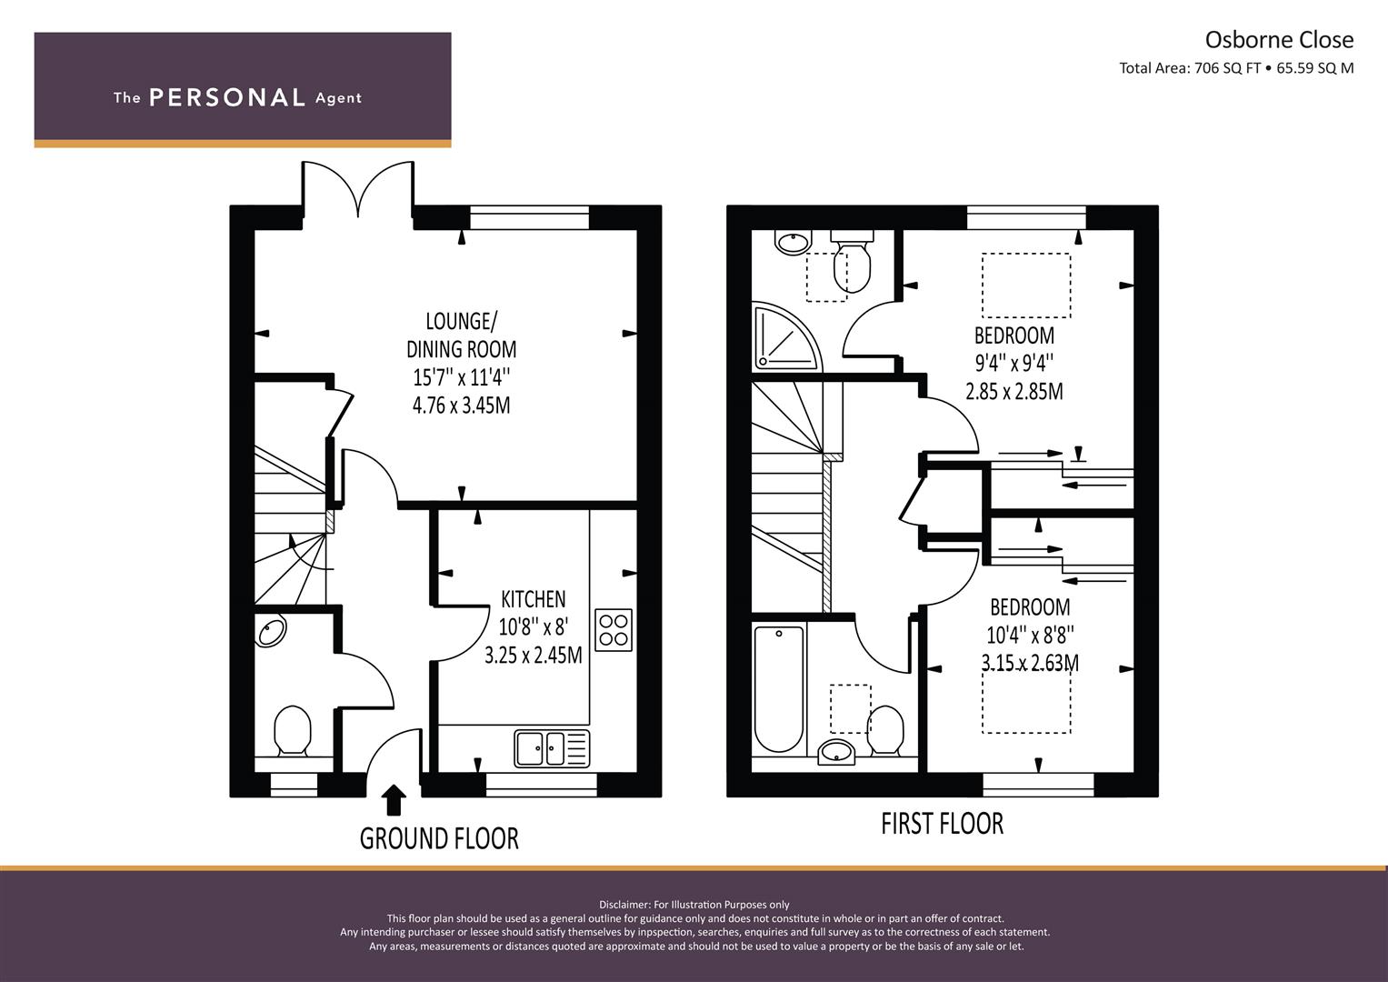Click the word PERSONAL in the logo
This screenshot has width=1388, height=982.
pyautogui.click(x=227, y=97)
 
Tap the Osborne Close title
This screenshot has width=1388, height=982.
pyautogui.click(x=1279, y=40)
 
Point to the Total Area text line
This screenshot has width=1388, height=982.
pyautogui.click(x=1236, y=68)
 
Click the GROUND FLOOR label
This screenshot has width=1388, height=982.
pyautogui.click(x=439, y=838)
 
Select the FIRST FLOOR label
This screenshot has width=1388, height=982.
pyautogui.click(x=942, y=824)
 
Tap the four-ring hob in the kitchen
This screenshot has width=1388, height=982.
pyautogui.click(x=614, y=630)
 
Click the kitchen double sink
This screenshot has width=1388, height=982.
pyautogui.click(x=552, y=748)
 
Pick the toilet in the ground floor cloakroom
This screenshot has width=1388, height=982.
pyautogui.click(x=293, y=730)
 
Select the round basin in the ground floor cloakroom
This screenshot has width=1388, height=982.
pyautogui.click(x=270, y=630)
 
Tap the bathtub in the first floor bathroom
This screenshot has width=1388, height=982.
pyautogui.click(x=779, y=688)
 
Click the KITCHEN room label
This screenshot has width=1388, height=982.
pyautogui.click(x=533, y=599)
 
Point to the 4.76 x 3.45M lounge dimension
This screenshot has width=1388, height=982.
pyautogui.click(x=461, y=406)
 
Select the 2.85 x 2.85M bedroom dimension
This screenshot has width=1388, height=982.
pyautogui.click(x=1014, y=392)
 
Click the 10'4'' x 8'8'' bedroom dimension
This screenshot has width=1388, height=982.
pyautogui.click(x=1030, y=636)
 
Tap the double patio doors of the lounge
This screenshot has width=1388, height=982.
pyautogui.click(x=357, y=190)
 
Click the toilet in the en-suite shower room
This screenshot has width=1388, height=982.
pyautogui.click(x=852, y=263)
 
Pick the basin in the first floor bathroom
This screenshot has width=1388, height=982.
pyautogui.click(x=836, y=752)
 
